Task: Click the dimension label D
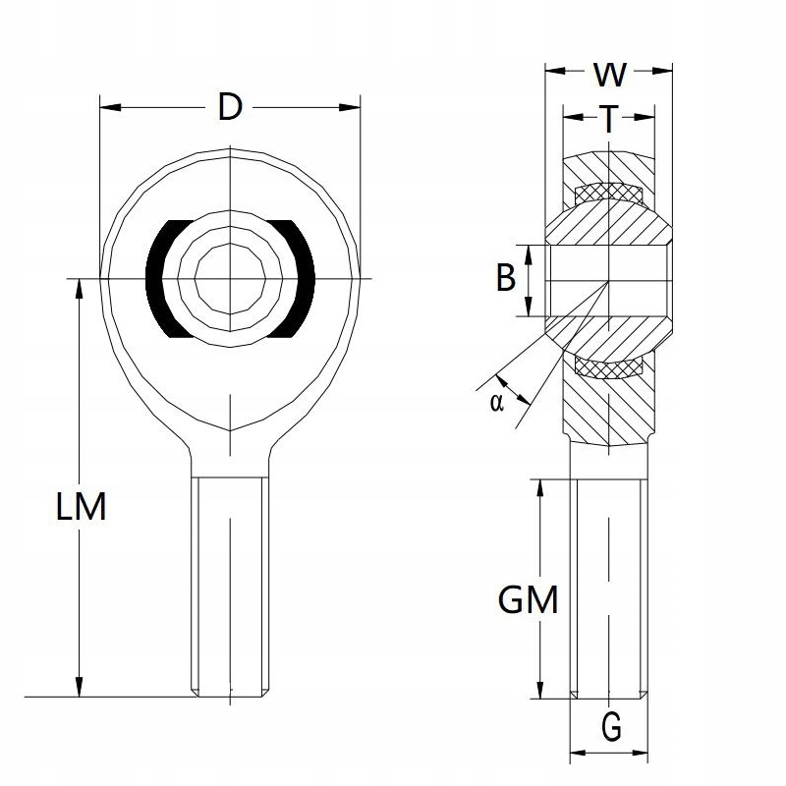coord(229,107)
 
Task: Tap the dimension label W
coord(610,73)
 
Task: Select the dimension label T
coord(609,119)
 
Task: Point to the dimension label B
coord(505,279)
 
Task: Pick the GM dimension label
coord(528,599)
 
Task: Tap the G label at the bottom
coord(610,728)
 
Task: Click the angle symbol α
coord(496,401)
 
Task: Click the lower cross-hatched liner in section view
coord(608,367)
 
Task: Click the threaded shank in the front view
coord(228,585)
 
